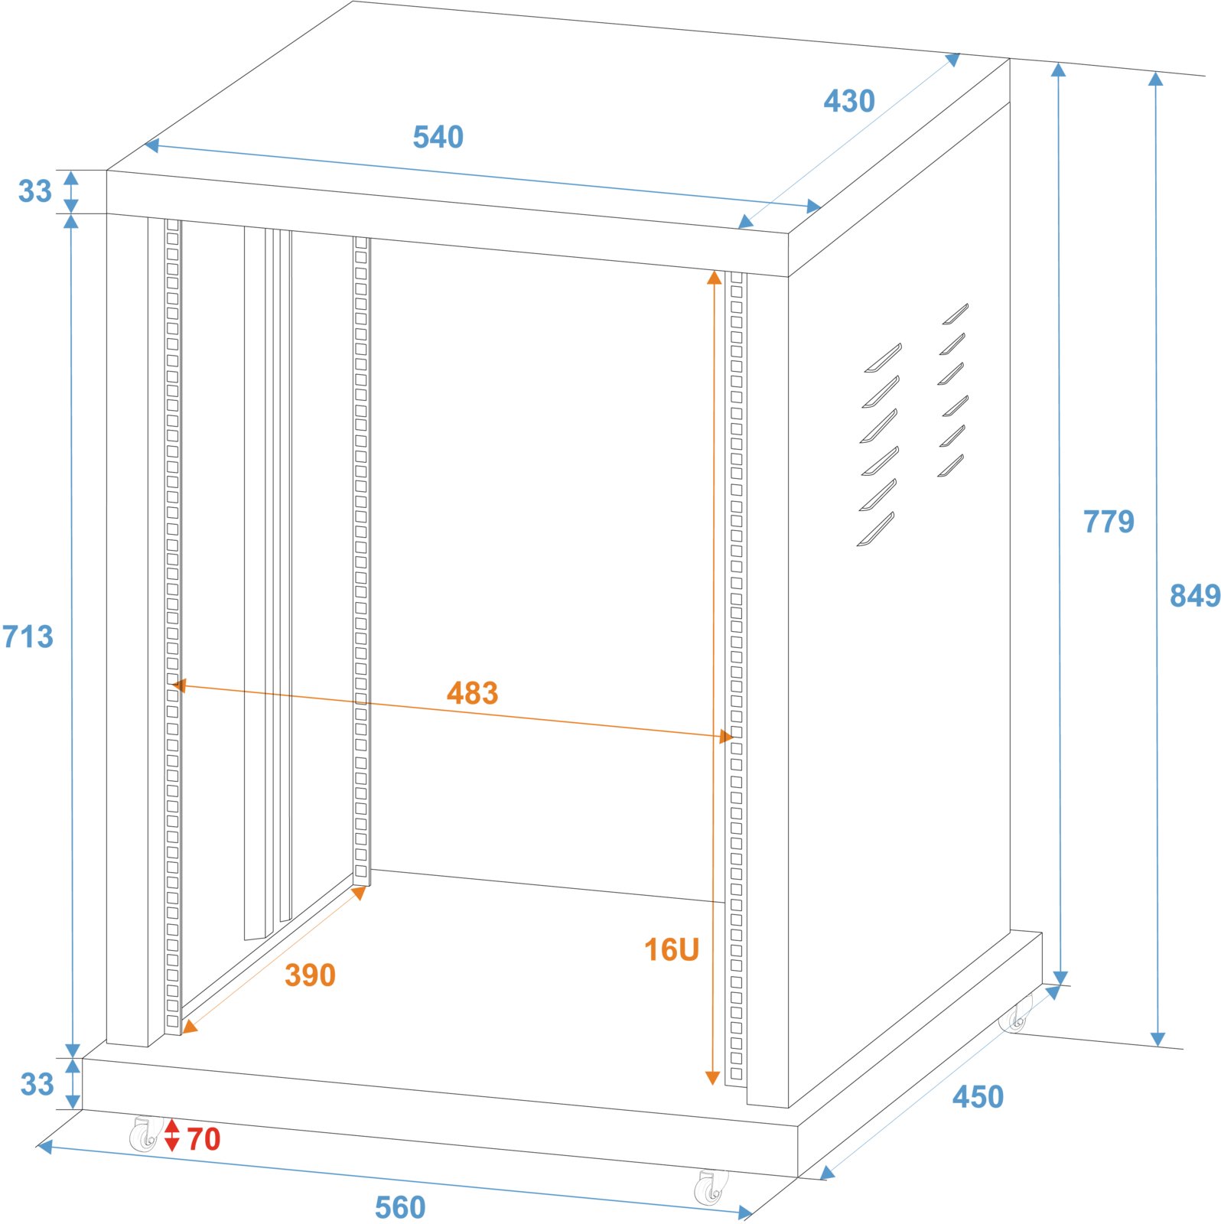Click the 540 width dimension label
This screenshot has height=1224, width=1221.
click(x=438, y=137)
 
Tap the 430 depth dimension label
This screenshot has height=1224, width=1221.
click(x=849, y=101)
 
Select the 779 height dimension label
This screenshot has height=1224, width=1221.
click(x=1109, y=522)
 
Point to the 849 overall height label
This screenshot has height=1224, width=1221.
click(x=1195, y=595)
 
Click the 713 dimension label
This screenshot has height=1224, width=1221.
click(x=28, y=636)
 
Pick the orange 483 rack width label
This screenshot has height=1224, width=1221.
click(x=473, y=693)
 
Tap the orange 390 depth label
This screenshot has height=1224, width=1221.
click(x=310, y=975)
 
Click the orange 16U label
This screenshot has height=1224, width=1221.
click(x=672, y=950)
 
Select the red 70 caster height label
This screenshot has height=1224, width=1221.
click(x=204, y=1140)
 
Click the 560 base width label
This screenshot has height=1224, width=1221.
click(x=400, y=1207)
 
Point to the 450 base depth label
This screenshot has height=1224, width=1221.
click(x=978, y=1097)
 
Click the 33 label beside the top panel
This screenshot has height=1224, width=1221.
click(x=35, y=191)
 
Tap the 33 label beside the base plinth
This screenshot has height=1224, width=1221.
click(x=37, y=1084)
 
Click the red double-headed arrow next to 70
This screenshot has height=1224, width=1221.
click(x=172, y=1135)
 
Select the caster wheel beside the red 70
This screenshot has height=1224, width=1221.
click(x=145, y=1134)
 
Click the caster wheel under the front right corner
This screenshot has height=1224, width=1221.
click(x=711, y=1187)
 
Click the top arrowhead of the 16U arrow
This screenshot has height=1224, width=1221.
click(x=715, y=277)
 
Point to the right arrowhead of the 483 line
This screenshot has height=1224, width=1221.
click(x=726, y=737)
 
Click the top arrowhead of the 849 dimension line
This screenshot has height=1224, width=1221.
click(x=1156, y=79)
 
